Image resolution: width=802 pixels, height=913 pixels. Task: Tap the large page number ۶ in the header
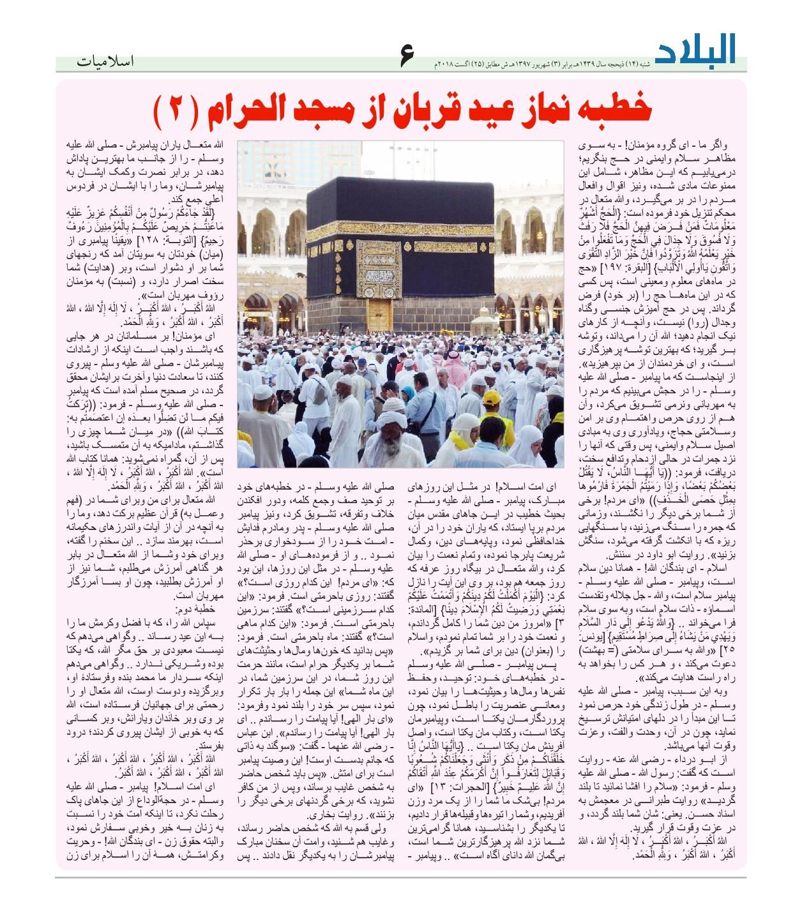[x=406, y=56]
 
